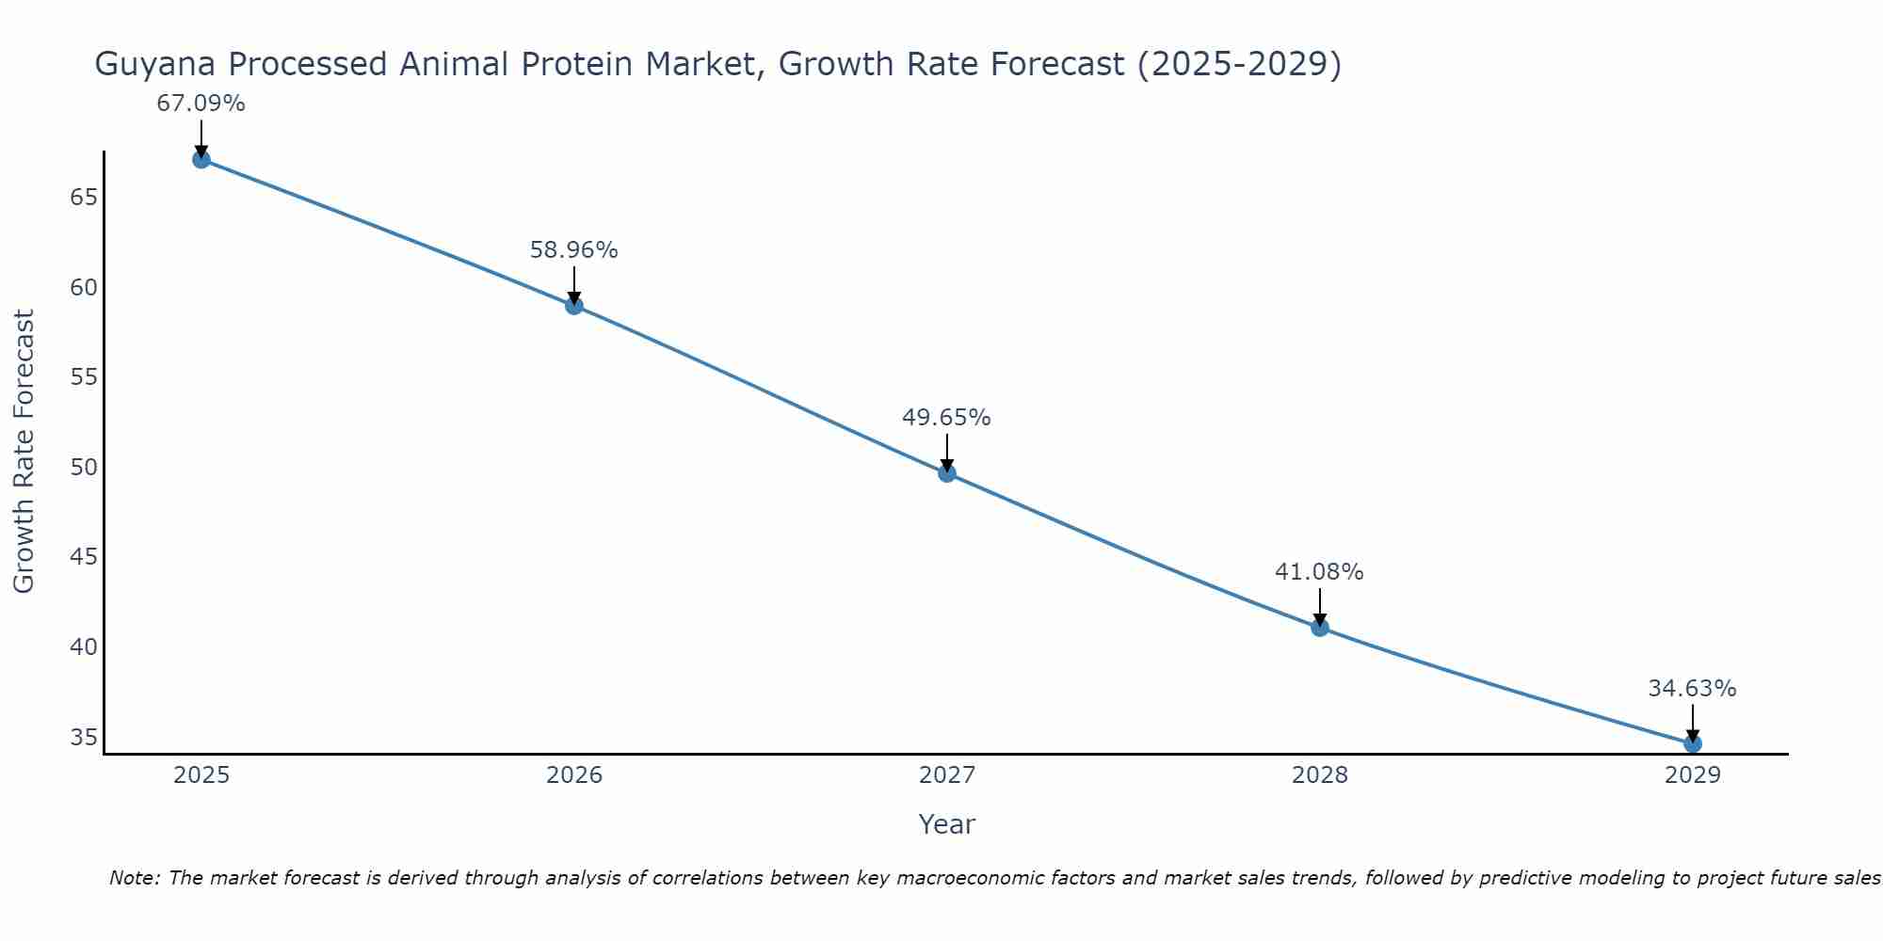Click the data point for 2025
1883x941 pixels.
(201, 159)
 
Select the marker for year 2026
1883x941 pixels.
(574, 305)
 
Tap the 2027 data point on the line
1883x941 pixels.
(947, 472)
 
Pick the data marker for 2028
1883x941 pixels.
(1320, 627)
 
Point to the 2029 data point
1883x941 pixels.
(1692, 743)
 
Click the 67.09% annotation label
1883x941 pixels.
(201, 104)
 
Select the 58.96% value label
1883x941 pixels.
(573, 250)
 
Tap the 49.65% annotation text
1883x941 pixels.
(946, 418)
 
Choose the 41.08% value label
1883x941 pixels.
(1319, 572)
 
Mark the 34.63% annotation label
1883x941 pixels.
(1692, 689)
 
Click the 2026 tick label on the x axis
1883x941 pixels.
(574, 775)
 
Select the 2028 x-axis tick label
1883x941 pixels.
(1320, 775)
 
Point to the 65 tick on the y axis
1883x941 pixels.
(84, 197)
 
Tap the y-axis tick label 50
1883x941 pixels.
(84, 467)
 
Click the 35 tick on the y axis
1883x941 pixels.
(84, 737)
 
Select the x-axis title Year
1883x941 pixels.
(946, 824)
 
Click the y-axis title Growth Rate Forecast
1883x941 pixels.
(24, 452)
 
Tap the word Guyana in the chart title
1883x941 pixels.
(155, 64)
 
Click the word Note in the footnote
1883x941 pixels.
(135, 878)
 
